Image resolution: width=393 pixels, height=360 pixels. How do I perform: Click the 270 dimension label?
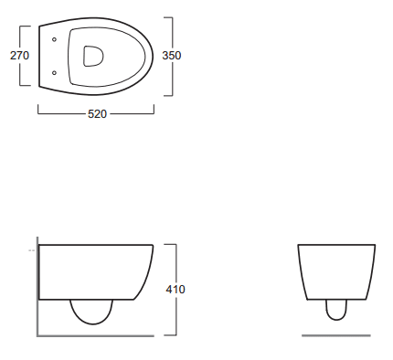19,56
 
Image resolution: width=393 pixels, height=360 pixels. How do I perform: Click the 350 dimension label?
172,56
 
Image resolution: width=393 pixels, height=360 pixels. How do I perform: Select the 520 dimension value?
97,114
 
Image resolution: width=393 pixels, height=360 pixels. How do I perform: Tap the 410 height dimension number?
175,289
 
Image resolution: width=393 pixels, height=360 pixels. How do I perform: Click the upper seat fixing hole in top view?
54,39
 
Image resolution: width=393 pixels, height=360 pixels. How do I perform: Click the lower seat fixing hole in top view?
54,73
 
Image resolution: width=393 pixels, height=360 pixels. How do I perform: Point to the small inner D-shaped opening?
93,56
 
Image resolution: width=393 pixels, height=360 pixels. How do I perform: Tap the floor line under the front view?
336,335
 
